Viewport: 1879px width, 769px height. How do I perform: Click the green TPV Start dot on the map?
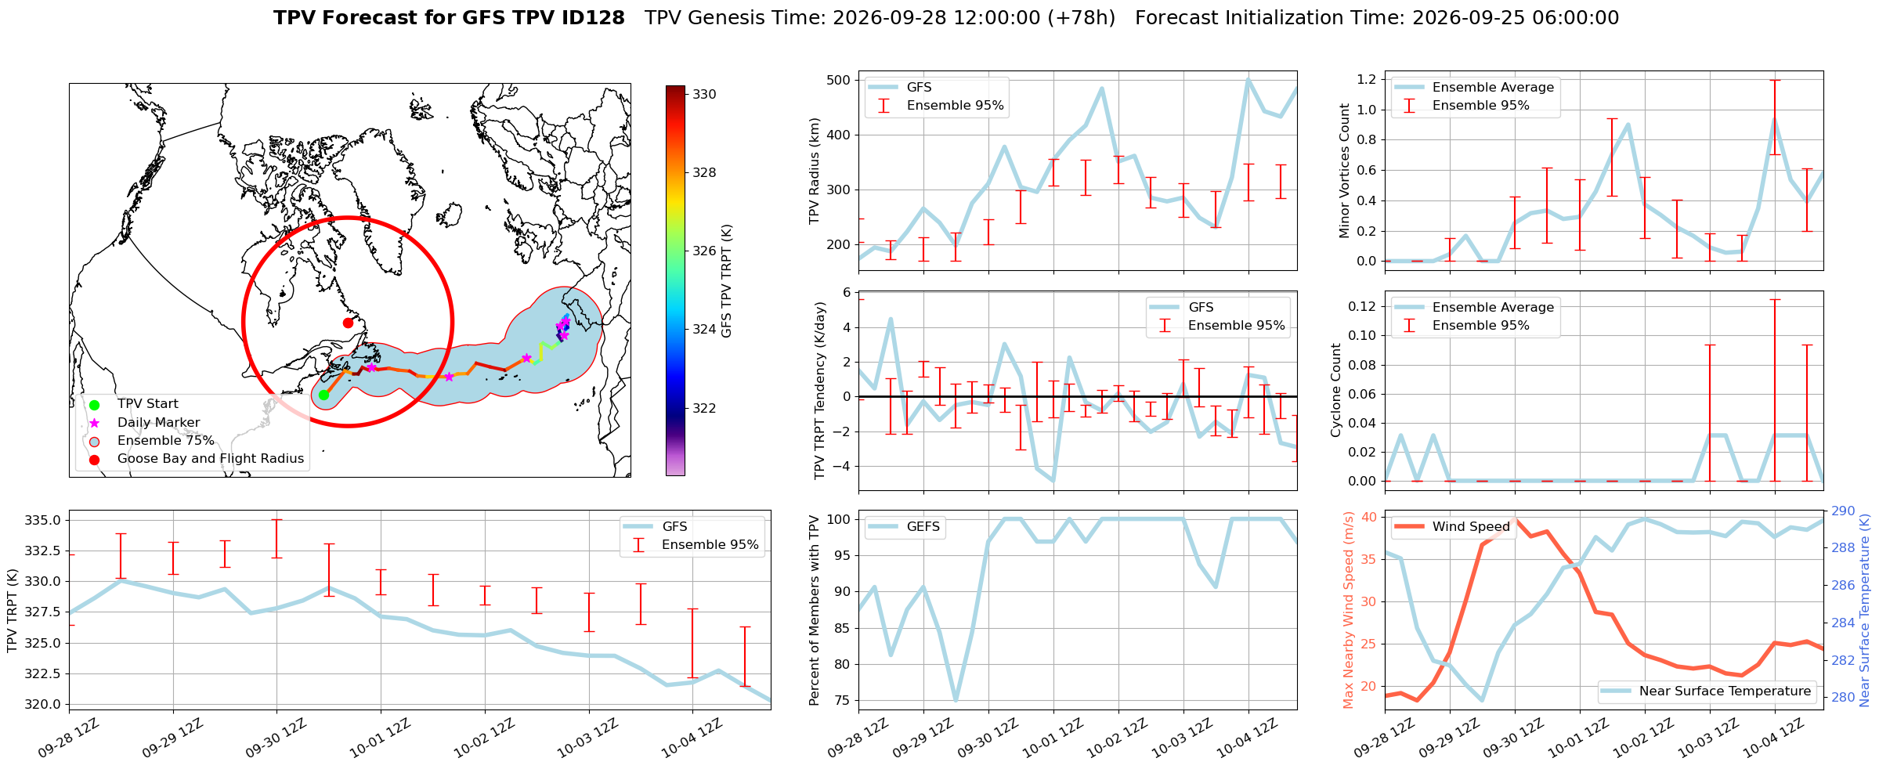323,395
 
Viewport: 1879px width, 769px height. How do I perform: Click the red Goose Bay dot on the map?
348,323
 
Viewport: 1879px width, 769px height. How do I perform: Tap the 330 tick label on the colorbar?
704,95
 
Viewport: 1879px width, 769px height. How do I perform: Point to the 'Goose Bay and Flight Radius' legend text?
211,459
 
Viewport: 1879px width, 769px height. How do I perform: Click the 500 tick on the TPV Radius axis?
838,80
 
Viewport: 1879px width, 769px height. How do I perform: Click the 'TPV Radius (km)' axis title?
815,171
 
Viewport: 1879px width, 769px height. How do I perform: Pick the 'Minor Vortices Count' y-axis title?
1345,171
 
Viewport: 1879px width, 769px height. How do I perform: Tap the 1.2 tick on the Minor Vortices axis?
1367,79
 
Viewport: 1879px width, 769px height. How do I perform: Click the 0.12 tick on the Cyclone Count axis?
1362,306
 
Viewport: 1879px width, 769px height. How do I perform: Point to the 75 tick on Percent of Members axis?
843,701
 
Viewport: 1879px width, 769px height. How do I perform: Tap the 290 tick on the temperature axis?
1843,511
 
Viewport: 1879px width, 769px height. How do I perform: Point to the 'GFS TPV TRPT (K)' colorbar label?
727,281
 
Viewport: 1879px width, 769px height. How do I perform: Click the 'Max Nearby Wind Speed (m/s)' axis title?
1348,610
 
